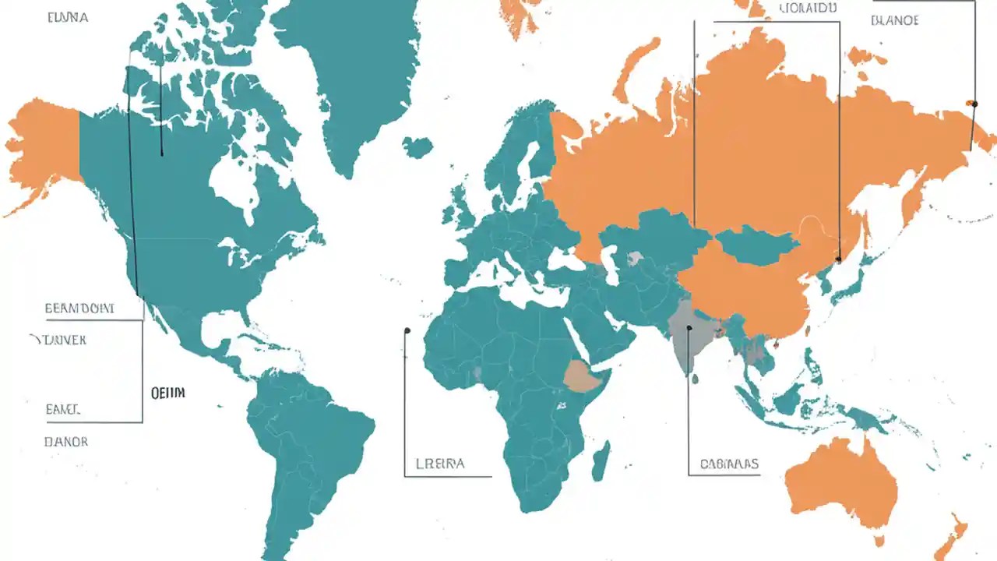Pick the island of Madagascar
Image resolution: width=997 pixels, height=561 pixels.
pos(601,460)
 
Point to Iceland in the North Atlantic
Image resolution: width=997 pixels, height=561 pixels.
pos(417,146)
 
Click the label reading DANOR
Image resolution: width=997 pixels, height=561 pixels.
pos(66,442)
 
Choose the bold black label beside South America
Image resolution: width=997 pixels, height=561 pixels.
pos(168,393)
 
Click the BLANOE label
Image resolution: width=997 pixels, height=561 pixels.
pos(894,20)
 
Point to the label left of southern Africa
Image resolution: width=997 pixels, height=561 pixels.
pos(440,464)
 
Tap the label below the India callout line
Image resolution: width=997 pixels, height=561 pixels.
pos(728,464)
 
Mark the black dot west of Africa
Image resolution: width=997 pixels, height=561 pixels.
pos(407,331)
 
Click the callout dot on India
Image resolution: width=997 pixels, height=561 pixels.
pos(689,329)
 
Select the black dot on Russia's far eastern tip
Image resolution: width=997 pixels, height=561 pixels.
pos(973,103)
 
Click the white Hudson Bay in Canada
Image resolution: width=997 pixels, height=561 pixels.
pos(234,183)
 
